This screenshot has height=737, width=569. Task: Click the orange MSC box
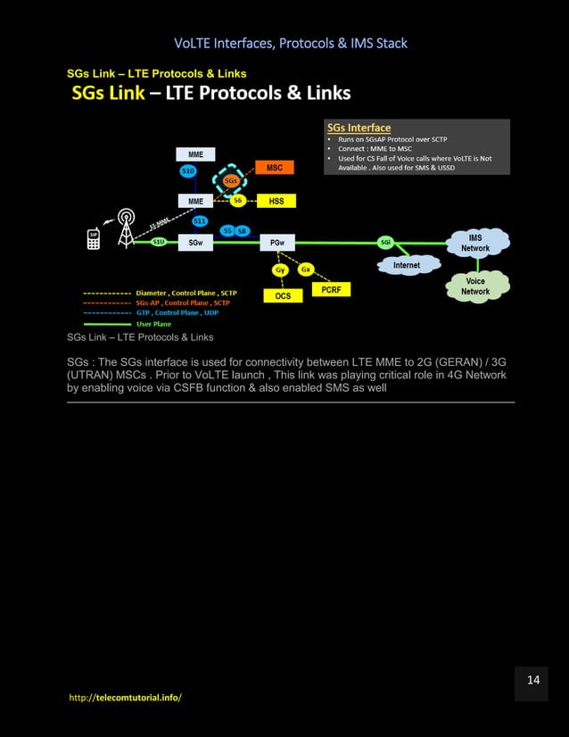click(x=274, y=168)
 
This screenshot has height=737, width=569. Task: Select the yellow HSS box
click(x=276, y=202)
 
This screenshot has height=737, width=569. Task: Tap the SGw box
click(x=194, y=242)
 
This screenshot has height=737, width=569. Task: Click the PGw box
click(x=276, y=242)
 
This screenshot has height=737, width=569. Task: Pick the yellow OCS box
click(x=283, y=295)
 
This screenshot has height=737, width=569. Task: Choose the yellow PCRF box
click(x=330, y=289)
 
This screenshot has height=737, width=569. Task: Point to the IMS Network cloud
click(x=475, y=242)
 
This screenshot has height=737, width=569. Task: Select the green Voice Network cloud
click(x=475, y=286)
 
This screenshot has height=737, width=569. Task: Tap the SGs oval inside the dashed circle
click(x=230, y=181)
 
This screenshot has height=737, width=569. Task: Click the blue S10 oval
click(x=188, y=170)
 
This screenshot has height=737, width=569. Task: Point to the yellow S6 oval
click(x=237, y=202)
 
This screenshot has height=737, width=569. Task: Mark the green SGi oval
click(x=385, y=242)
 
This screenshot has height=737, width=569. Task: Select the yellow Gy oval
click(x=280, y=269)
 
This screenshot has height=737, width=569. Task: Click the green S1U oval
click(x=158, y=242)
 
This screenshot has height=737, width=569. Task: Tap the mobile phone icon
click(x=92, y=239)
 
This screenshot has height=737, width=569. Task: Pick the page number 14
click(x=533, y=681)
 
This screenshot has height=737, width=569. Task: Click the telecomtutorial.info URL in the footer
click(x=125, y=697)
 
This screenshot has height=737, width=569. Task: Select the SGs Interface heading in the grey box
click(x=359, y=128)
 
